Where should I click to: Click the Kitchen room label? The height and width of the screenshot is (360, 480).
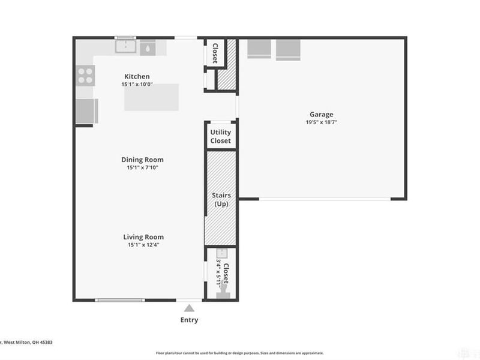pos(137,77)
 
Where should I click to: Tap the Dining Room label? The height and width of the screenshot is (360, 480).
pos(142,160)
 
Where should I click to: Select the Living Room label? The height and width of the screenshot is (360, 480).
pos(143,237)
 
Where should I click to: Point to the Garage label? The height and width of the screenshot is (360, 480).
pos(321,115)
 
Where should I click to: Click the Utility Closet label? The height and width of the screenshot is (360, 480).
pos(220,137)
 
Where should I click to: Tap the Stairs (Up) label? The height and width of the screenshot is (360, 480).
pos(220,200)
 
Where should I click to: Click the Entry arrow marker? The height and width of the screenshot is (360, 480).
pos(190,308)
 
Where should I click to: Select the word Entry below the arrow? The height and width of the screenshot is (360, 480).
pos(190,320)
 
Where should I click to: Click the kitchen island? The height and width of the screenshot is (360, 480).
pos(152,98)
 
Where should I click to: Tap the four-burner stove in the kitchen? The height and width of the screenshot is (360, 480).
pos(85,75)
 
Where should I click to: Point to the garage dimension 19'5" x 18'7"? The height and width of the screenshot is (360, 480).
pos(321,122)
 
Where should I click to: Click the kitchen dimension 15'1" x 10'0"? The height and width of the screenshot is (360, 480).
pos(137,85)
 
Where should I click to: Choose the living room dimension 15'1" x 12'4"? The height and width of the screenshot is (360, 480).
pos(143,245)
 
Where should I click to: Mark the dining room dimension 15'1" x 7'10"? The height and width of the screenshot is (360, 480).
pos(142,167)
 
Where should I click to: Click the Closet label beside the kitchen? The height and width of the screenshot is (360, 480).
pos(214,53)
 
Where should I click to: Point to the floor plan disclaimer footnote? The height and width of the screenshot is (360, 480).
pos(240,353)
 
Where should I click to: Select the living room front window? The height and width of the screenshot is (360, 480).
pos(120,299)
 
